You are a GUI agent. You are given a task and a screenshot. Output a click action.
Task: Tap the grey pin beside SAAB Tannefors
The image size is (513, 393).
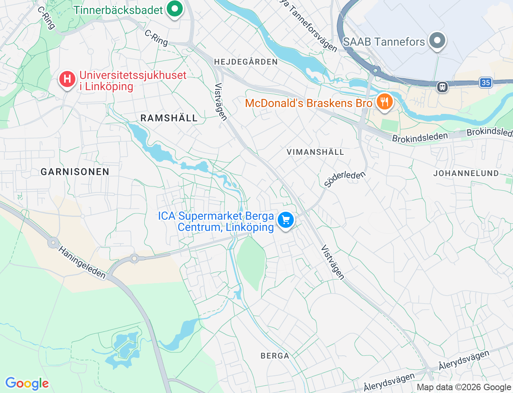(x=437, y=41)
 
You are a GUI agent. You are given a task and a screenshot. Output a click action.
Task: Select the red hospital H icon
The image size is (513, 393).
(x=67, y=79)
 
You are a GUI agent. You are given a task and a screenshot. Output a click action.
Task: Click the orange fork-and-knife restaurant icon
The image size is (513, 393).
(x=384, y=102)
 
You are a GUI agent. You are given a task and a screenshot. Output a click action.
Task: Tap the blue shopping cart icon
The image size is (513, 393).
(x=286, y=220)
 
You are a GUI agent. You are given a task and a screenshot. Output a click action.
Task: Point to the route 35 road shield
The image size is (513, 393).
(x=485, y=83)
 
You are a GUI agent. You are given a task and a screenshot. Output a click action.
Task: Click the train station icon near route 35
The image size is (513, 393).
(x=442, y=87)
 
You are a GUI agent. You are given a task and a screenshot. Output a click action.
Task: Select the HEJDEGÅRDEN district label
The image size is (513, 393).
(x=246, y=62)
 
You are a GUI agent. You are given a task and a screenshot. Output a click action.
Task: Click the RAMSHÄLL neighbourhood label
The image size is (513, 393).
(x=169, y=118)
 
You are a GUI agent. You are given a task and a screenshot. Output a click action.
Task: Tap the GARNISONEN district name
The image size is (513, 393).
(x=75, y=172)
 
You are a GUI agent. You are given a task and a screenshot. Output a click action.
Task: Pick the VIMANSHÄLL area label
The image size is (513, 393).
(x=315, y=152)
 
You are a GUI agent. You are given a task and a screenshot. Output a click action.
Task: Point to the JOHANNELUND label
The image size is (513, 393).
(x=466, y=173)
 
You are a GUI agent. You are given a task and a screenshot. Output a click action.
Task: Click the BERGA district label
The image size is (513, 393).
(x=275, y=356)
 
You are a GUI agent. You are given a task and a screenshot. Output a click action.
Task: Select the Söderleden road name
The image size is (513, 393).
(x=345, y=179)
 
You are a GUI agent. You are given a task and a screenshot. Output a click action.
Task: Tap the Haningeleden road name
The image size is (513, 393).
(x=82, y=263)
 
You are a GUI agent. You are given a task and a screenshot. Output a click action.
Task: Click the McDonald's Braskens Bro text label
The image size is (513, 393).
(x=309, y=103)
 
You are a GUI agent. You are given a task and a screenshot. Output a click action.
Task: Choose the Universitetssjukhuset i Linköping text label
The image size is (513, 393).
(x=133, y=81)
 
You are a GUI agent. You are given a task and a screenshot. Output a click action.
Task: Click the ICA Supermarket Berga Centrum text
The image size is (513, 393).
(x=216, y=221)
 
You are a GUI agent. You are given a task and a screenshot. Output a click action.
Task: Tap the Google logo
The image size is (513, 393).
(x=27, y=383)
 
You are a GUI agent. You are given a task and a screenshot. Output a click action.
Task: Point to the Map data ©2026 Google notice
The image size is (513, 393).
(x=464, y=387)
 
